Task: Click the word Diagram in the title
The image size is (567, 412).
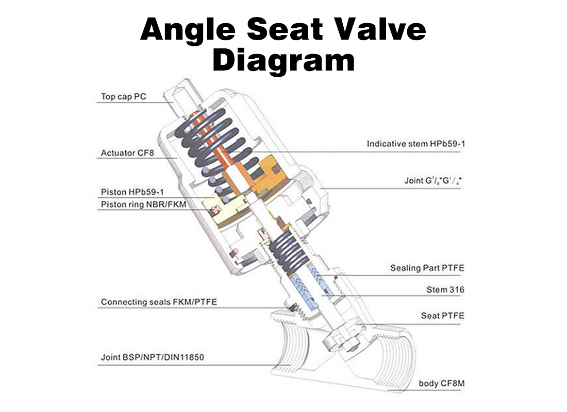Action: tap(283, 61)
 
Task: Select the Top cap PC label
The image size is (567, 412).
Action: tap(123, 97)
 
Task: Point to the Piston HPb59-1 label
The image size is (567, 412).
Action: tap(132, 192)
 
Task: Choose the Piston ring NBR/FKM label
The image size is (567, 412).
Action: tap(143, 204)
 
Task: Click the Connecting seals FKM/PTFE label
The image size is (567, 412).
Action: tap(159, 302)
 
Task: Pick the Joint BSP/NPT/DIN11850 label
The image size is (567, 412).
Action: tap(155, 357)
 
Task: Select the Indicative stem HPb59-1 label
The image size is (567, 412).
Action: tap(415, 144)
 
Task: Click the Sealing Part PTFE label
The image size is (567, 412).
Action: tap(427, 268)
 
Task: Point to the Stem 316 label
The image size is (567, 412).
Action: tap(445, 289)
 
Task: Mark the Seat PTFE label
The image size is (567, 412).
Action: tap(442, 315)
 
